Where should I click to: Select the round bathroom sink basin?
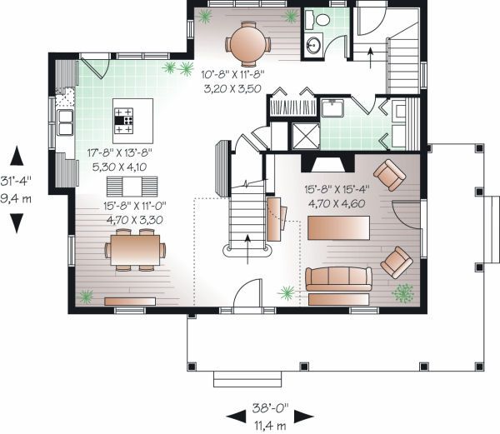[x=314, y=45]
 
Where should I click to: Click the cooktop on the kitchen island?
[x=123, y=121]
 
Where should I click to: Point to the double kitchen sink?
[x=65, y=122]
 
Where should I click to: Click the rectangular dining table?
[x=135, y=250]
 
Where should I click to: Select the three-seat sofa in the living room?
[x=338, y=279]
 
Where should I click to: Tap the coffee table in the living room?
[x=338, y=228]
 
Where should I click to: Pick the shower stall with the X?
[x=306, y=136]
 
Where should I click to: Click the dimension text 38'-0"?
[x=270, y=408]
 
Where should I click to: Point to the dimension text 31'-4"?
[x=16, y=182]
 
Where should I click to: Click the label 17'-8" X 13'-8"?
[x=119, y=152]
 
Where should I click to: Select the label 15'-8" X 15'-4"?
[x=337, y=189]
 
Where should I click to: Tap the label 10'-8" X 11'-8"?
[x=232, y=75]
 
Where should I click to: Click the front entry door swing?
[x=247, y=293]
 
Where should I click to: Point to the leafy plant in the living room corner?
[x=403, y=293]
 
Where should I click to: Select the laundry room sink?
[x=332, y=108]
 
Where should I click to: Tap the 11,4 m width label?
[x=270, y=426]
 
